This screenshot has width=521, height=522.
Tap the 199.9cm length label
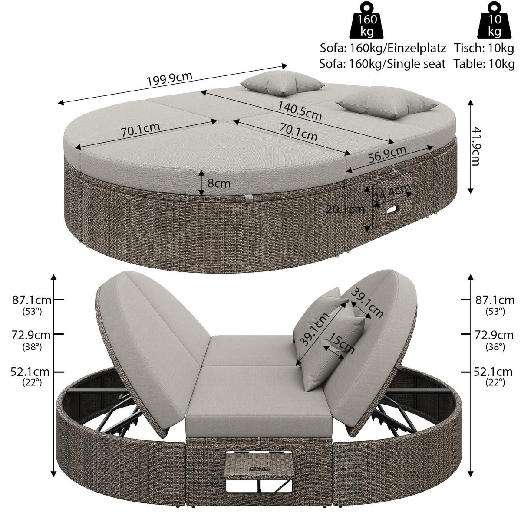pyautogui.click(x=169, y=78)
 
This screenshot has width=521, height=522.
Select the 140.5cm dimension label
pyautogui.click(x=300, y=111)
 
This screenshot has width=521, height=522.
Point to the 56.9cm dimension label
pyautogui.click(x=387, y=154)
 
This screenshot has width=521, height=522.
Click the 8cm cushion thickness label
pyautogui.click(x=219, y=183)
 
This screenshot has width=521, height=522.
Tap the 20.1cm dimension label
pyautogui.click(x=345, y=209)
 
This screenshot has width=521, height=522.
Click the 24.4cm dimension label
pyautogui.click(x=392, y=192)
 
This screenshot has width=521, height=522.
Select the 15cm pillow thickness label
pyautogui.click(x=341, y=343)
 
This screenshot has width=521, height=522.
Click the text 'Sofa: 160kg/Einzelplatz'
pyautogui.click(x=383, y=48)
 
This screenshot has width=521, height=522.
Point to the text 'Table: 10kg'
pyautogui.click(x=484, y=64)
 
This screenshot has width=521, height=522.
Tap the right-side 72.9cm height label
pyautogui.click(x=494, y=336)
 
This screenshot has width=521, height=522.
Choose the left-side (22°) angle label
pyautogui.click(x=32, y=382)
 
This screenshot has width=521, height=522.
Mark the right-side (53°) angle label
pyautogui.click(x=495, y=312)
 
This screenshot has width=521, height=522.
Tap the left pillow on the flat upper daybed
pyautogui.click(x=282, y=83)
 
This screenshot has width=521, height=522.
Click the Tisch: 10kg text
pyautogui.click(x=485, y=48)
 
